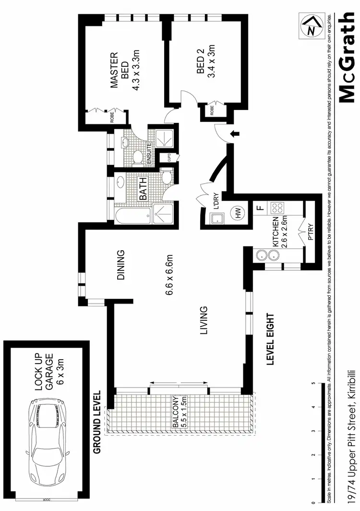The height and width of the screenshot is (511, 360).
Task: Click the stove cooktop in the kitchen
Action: click(x=277, y=208)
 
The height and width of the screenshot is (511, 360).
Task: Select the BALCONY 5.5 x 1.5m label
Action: click(x=179, y=412)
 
